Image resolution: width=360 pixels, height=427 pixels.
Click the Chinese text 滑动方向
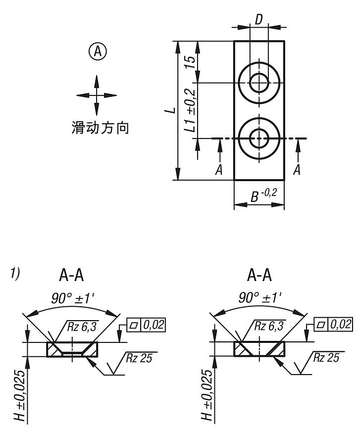pyautogui.click(x=97, y=128)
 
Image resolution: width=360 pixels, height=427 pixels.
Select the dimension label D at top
pyautogui.click(x=259, y=19)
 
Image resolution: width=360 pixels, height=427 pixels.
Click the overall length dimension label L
pyautogui.click(x=170, y=110)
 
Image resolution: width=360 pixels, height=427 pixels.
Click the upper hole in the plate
pyautogui.click(x=259, y=82)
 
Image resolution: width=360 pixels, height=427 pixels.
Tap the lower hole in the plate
pyautogui.click(x=259, y=138)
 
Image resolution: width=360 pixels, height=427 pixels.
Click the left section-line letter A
pyautogui.click(x=218, y=169)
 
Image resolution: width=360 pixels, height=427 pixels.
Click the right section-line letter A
pyautogui.click(x=298, y=169)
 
